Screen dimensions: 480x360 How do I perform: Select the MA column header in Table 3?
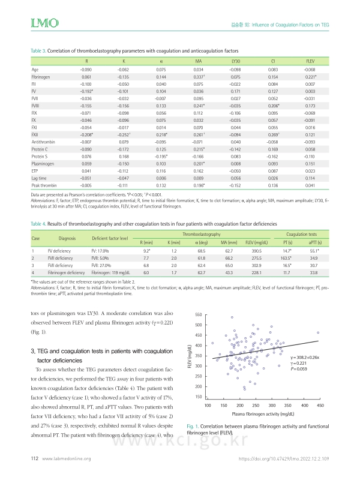pos(199,62)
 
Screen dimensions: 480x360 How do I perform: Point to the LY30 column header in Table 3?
pos(235,62)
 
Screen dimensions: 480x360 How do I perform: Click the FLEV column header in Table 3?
pos(310,62)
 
